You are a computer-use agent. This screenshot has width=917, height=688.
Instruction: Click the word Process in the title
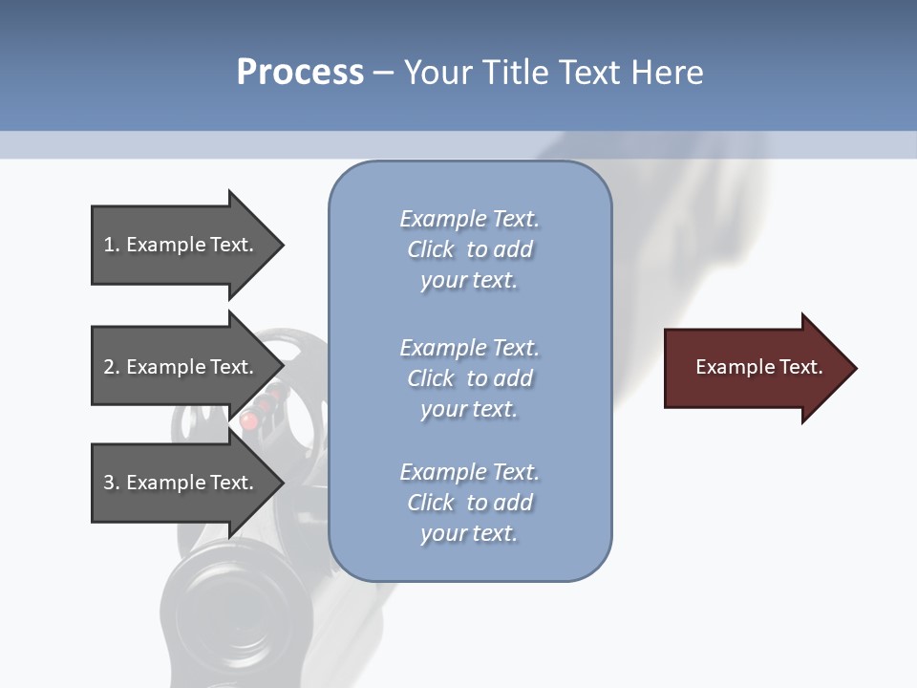pyautogui.click(x=300, y=72)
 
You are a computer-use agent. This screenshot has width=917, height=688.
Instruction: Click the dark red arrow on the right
pyautogui.click(x=755, y=368)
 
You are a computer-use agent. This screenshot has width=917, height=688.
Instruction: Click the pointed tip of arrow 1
pyautogui.click(x=281, y=245)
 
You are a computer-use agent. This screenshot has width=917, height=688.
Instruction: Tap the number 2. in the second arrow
pyautogui.click(x=111, y=367)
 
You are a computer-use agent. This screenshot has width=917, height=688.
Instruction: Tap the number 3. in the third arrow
pyautogui.click(x=111, y=483)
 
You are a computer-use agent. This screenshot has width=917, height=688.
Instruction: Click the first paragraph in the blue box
pyautogui.click(x=469, y=249)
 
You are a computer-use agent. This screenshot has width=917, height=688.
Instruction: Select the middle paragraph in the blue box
pyautogui.click(x=469, y=378)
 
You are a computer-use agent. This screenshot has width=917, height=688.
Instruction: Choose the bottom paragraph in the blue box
pyautogui.click(x=469, y=503)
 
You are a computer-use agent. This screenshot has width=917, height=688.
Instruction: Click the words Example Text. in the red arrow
pyautogui.click(x=758, y=367)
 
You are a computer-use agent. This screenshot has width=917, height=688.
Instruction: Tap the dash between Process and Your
pyautogui.click(x=383, y=73)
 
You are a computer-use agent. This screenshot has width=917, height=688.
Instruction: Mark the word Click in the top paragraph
pyautogui.click(x=430, y=249)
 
